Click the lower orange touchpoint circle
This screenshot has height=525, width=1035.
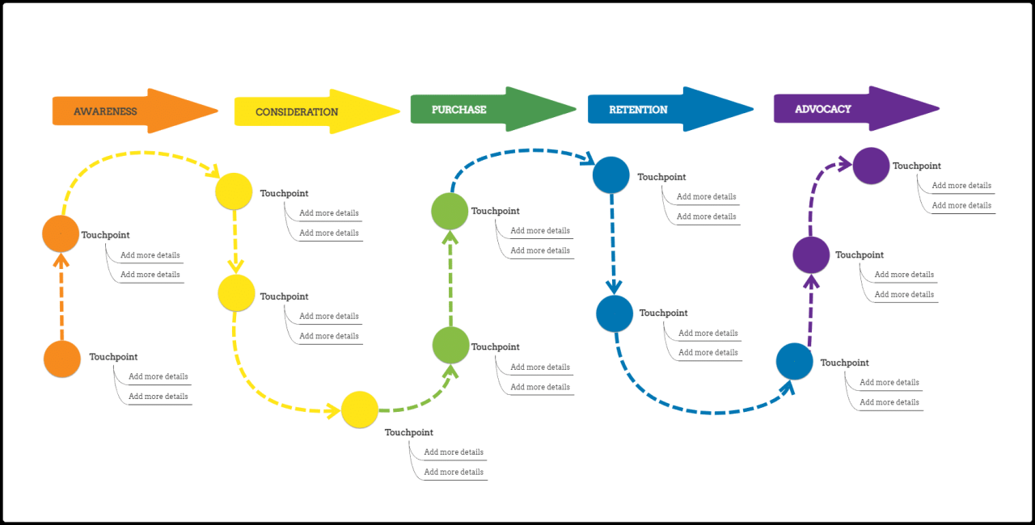point(62,359)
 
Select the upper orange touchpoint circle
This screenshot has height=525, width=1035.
point(61,234)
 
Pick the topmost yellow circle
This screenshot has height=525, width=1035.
point(234,191)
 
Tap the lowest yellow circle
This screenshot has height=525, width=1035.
point(360,409)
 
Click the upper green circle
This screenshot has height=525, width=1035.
point(450,212)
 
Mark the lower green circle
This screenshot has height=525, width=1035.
point(450,345)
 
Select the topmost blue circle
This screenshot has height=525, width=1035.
point(611,174)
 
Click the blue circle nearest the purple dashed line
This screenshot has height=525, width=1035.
point(794,361)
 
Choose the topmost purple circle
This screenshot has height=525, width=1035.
point(871,166)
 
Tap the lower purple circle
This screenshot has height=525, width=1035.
point(811,255)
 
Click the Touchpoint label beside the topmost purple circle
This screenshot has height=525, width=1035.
point(917,166)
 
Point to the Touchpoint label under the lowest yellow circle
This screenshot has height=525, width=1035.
point(409,433)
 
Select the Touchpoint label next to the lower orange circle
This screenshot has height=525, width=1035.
point(113,357)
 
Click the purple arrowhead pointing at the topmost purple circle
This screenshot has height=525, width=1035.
point(845,165)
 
